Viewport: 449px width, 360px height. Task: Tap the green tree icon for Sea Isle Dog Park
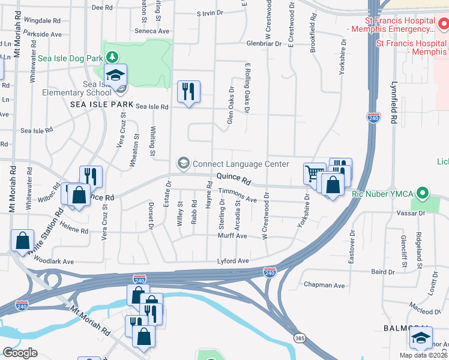pyautogui.click(x=112, y=58)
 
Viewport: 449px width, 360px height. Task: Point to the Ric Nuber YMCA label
pyautogui.click(x=384, y=194)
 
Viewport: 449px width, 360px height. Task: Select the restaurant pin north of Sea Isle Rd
pyautogui.click(x=189, y=92)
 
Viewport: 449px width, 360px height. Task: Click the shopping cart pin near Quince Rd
pyautogui.click(x=314, y=174)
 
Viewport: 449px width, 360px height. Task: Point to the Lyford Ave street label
pyautogui.click(x=233, y=261)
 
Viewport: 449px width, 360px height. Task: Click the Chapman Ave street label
pyautogui.click(x=324, y=286)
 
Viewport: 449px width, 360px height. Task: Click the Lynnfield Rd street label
pyautogui.click(x=395, y=103)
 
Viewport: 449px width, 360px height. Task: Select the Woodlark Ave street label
pyautogui.click(x=54, y=262)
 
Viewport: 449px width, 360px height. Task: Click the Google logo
pyautogui.click(x=20, y=352)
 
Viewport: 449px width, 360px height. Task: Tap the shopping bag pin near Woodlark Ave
pyautogui.click(x=22, y=240)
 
